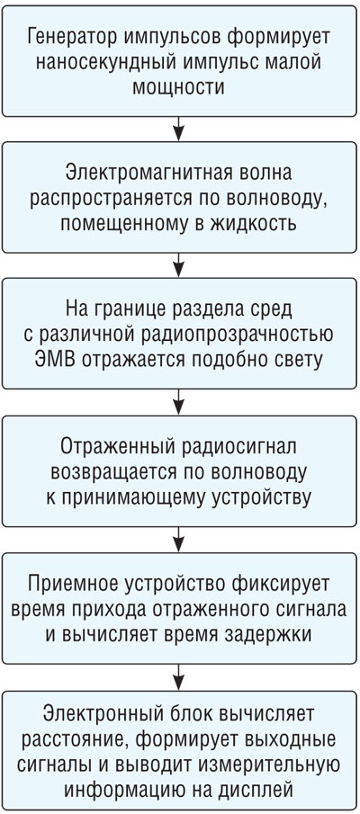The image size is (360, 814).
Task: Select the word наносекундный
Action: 90,62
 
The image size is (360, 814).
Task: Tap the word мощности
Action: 179,86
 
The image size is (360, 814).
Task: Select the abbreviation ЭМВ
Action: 64,359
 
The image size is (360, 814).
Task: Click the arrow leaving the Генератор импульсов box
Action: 179,129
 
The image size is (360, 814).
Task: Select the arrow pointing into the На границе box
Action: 179,265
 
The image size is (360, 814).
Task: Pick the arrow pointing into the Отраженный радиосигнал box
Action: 179,403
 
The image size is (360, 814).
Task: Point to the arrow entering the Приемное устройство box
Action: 179,540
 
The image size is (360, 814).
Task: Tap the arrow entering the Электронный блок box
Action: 179,677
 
